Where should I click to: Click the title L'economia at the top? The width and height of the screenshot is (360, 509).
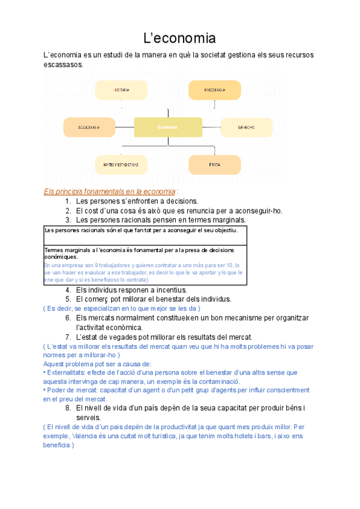pos(179,39)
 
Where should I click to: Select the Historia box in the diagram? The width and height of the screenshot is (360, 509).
pos(121,90)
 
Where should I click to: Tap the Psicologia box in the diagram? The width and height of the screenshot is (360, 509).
pos(214,90)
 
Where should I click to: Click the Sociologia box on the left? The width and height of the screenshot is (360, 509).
pos(89,127)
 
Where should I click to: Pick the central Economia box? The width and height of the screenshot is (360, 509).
pos(168,127)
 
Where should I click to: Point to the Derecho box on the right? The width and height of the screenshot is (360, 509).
pos(246,127)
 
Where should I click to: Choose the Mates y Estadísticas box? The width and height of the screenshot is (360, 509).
pos(121,164)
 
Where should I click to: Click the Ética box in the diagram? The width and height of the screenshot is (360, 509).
pos(214,164)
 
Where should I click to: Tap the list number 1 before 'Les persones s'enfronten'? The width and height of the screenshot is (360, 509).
pos(68,201)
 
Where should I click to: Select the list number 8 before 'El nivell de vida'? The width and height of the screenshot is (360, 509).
pos(68,408)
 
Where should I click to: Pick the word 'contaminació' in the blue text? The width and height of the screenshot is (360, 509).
pos(217,381)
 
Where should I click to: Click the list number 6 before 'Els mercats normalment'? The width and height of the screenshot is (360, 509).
pos(68,318)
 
